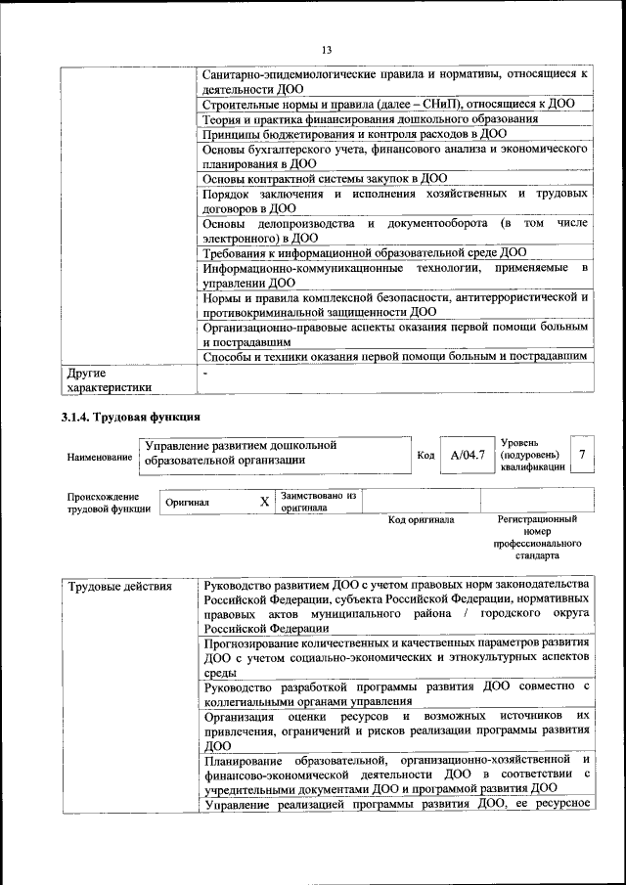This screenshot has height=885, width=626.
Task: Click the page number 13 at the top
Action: pos(326,50)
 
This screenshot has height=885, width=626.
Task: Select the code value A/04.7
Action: pos(467,456)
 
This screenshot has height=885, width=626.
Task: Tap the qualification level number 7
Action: pos(582,455)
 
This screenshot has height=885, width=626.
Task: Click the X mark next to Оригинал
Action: pos(263,502)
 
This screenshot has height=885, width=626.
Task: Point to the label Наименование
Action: pos(100,457)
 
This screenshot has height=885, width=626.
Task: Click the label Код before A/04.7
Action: pos(425,456)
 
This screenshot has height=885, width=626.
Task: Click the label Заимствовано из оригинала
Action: pos(318,502)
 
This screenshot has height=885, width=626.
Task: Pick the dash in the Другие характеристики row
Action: pos(205,374)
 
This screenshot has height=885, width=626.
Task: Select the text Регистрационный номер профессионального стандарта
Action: pos(537,537)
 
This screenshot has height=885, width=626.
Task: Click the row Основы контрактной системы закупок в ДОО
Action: pos(324,179)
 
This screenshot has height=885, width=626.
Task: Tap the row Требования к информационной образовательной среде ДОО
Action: pos(364,252)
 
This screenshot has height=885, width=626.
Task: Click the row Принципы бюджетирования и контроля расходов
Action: pos(353,134)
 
